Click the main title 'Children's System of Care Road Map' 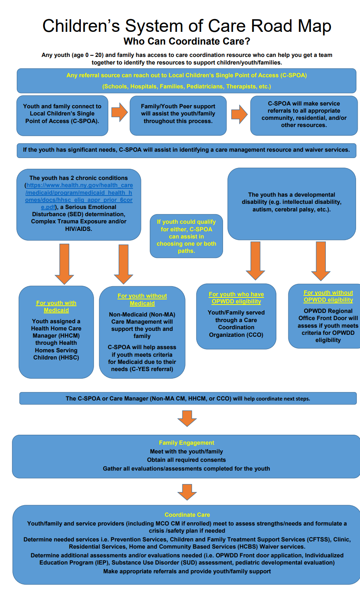[x=187, y=26]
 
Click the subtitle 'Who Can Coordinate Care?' [x=187, y=41]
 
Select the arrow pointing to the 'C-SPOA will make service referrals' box [x=239, y=114]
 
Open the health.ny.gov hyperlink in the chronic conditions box [x=79, y=193]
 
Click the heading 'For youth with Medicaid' [x=56, y=307]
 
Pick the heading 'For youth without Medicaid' [x=142, y=299]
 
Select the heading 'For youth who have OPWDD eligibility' [x=236, y=298]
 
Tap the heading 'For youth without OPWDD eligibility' [x=328, y=296]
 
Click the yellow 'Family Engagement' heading [x=186, y=443]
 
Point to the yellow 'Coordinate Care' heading [x=187, y=515]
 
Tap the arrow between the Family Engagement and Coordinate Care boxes [x=187, y=492]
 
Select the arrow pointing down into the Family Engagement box [x=187, y=418]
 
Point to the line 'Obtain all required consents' [x=186, y=460]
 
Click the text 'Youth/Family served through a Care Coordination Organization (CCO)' [x=236, y=324]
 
